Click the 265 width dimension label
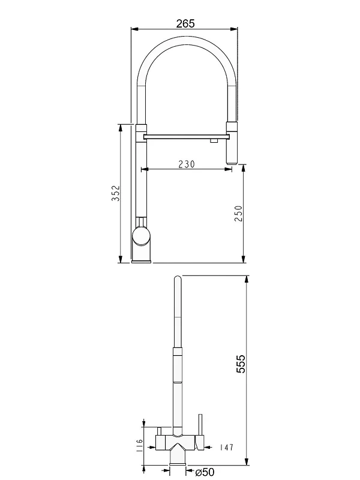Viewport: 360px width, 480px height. click(185, 23)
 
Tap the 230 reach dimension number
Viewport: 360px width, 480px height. click(187, 164)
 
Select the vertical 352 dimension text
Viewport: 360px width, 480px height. click(116, 193)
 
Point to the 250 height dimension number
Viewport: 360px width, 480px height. click(238, 214)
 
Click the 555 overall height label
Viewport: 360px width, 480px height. click(241, 364)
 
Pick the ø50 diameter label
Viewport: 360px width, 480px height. click(205, 472)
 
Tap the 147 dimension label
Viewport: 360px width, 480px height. click(227, 448)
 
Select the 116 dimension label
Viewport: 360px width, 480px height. click(140, 446)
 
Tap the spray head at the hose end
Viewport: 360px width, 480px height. click(232, 143)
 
